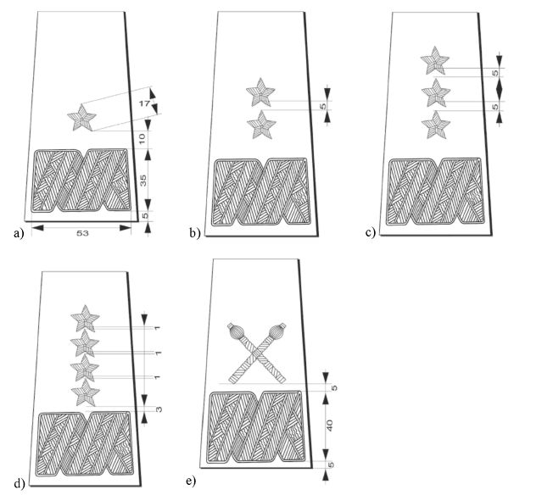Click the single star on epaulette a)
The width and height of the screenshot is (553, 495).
(81, 118)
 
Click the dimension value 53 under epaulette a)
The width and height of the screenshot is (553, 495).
(82, 233)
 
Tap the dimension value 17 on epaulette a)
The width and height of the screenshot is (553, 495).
(144, 103)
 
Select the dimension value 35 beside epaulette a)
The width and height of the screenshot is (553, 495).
(142, 180)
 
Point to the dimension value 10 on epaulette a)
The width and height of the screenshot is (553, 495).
(142, 138)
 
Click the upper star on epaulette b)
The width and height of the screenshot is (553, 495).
(260, 92)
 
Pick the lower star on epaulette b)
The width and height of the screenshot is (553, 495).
(261, 125)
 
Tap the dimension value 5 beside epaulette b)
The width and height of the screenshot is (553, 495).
(324, 105)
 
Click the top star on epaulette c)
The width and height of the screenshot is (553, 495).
(435, 60)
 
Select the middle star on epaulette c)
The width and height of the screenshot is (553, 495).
(436, 92)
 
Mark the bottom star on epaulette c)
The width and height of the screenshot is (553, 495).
(436, 125)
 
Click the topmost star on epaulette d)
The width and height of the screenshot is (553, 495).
(85, 319)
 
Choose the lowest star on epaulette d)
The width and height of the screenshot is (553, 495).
(86, 392)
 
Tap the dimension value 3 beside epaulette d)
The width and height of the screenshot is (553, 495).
(159, 409)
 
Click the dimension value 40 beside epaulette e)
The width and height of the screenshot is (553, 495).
(330, 425)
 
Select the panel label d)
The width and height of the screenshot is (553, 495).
(20, 483)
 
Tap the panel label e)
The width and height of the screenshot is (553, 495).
(191, 481)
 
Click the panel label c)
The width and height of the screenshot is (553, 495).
(371, 233)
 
